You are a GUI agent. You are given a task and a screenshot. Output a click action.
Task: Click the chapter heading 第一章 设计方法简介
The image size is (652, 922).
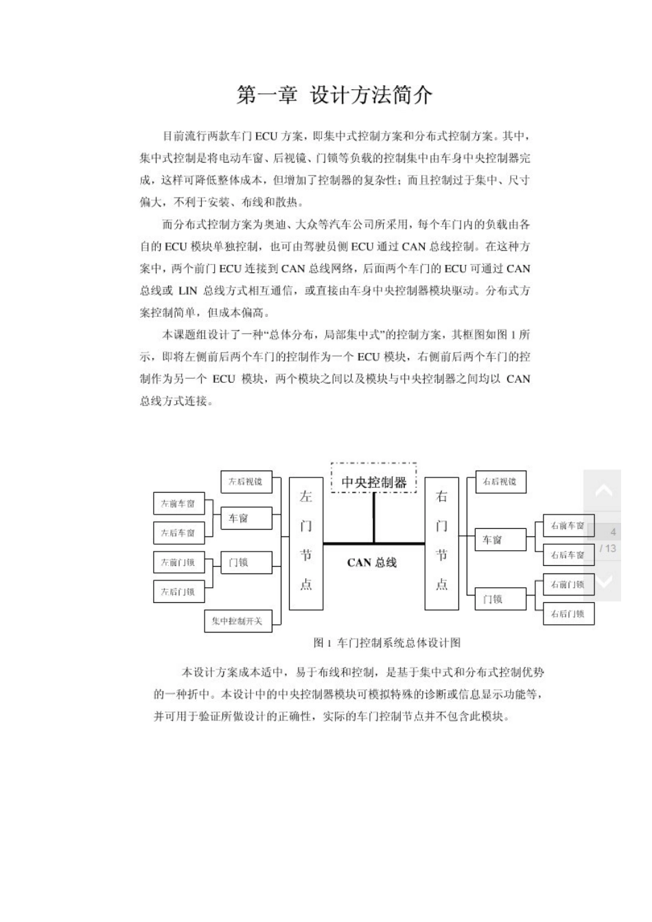click(334, 95)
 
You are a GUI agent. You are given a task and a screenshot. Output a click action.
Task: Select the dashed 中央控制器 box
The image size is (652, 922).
click(374, 482)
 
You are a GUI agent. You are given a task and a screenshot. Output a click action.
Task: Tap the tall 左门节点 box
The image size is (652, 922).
click(306, 543)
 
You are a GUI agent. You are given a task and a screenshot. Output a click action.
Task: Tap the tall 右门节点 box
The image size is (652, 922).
click(441, 543)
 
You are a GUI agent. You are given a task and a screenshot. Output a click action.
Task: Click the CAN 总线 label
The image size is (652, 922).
click(372, 563)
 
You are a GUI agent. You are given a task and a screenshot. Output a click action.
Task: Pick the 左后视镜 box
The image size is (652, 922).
click(246, 482)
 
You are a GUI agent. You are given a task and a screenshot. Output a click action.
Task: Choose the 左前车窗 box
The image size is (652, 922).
click(178, 504)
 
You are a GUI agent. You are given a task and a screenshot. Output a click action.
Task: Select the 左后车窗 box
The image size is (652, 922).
click(178, 532)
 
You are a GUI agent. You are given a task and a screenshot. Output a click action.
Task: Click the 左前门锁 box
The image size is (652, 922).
click(178, 563)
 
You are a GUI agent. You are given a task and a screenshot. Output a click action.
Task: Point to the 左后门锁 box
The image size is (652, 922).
click(178, 591)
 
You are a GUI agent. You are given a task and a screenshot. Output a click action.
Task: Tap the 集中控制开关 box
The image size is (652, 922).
click(237, 622)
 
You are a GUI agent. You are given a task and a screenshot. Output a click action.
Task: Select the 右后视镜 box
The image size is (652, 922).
click(500, 482)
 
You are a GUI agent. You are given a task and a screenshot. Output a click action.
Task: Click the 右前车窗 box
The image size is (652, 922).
click(568, 525)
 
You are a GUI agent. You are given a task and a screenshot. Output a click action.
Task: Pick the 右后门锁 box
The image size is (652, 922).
click(568, 614)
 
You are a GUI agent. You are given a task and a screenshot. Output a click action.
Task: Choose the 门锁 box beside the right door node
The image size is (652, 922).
click(500, 599)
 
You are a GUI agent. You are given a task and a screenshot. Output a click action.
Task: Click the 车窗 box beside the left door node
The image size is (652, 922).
click(246, 519)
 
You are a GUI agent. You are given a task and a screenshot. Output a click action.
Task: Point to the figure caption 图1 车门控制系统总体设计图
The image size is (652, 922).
click(386, 643)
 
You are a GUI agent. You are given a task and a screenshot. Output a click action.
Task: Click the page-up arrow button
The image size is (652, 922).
click(603, 490)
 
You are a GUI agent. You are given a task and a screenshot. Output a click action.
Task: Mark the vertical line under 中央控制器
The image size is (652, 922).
click(374, 518)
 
